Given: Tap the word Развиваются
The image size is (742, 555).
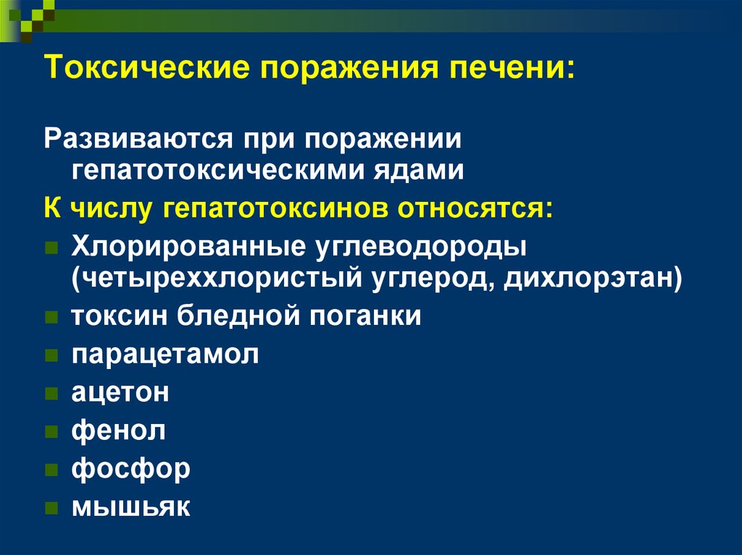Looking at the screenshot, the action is (138, 140).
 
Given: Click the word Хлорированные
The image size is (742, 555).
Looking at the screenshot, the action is (188, 246).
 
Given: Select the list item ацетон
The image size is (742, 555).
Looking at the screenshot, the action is (120, 392).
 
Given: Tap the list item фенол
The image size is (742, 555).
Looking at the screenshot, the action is (119, 430).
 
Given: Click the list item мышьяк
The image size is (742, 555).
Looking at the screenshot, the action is (131, 507).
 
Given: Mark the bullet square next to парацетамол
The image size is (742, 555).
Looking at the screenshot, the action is (51, 355).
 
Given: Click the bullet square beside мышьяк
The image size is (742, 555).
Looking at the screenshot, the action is (51, 508).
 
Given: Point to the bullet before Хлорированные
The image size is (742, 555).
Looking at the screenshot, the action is (51, 247).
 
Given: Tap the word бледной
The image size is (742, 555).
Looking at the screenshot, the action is (238, 315).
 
